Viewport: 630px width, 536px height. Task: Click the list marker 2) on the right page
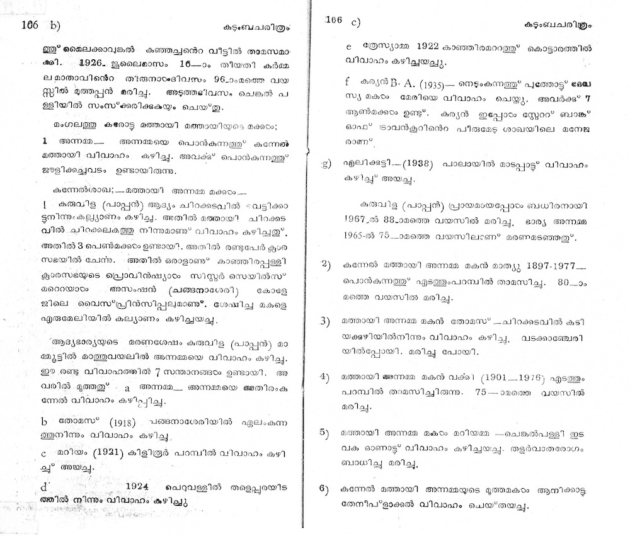tap(325, 265)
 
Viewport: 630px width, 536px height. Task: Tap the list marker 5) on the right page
tap(325, 432)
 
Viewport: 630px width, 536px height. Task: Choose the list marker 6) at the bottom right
tap(325, 489)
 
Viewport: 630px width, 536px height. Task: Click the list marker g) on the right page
tap(325, 164)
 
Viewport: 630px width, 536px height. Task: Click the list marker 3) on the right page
tap(325, 321)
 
